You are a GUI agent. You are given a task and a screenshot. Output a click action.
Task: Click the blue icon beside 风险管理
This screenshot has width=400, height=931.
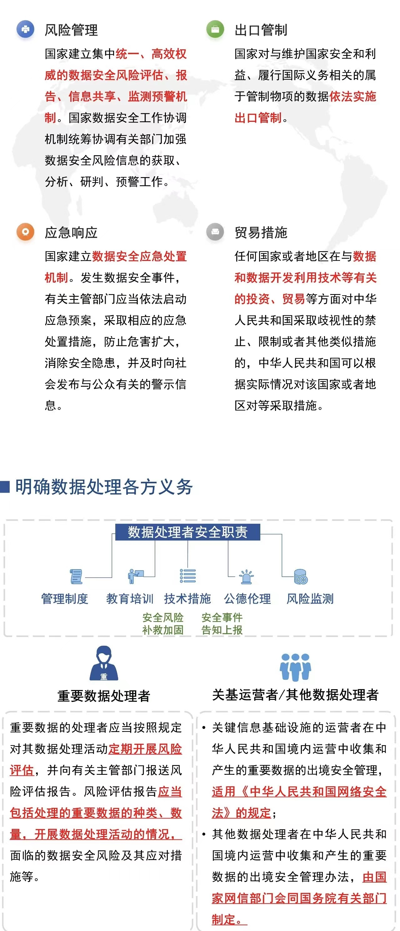[25, 29]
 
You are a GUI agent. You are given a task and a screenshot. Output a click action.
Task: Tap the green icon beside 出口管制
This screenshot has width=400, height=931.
[215, 29]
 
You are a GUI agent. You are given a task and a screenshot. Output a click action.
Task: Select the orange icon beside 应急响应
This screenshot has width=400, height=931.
[25, 232]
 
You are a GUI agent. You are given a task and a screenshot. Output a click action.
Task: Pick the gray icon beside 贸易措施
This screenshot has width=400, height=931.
[215, 232]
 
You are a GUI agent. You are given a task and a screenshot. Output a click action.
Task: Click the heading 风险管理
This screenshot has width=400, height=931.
[71, 30]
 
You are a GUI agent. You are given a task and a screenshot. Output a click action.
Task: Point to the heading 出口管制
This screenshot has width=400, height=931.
[261, 30]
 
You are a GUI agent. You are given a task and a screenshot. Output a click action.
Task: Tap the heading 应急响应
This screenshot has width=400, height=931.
[71, 232]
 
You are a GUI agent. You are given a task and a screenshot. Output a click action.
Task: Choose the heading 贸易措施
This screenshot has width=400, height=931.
[261, 232]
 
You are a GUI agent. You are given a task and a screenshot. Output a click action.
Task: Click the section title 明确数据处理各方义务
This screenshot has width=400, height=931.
[104, 486]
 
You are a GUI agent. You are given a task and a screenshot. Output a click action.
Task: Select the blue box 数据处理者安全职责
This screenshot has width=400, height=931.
[187, 532]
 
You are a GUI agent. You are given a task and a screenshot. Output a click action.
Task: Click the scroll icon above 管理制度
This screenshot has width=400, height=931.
[76, 576]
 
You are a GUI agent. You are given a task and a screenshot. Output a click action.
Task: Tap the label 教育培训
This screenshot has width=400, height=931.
[129, 599]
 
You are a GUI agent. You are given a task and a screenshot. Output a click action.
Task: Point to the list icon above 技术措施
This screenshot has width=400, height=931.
[188, 576]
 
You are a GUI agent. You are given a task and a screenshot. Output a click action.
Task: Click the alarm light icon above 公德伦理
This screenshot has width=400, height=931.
[246, 576]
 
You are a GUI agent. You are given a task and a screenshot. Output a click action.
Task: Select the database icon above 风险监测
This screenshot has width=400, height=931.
[301, 576]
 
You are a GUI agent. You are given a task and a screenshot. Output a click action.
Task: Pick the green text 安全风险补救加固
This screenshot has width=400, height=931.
[163, 624]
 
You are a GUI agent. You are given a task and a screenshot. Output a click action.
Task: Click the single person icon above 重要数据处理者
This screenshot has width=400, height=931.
[104, 663]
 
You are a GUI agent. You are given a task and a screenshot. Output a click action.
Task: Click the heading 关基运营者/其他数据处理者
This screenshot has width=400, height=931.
[295, 695]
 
